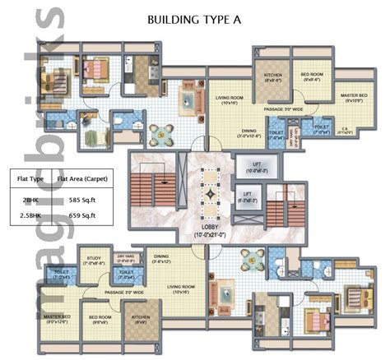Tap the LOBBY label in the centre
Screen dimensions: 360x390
coord(209,228)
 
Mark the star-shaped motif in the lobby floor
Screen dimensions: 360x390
coord(210,190)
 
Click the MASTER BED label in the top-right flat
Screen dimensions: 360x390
coord(354,98)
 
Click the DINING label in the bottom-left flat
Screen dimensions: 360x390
coord(161,258)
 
